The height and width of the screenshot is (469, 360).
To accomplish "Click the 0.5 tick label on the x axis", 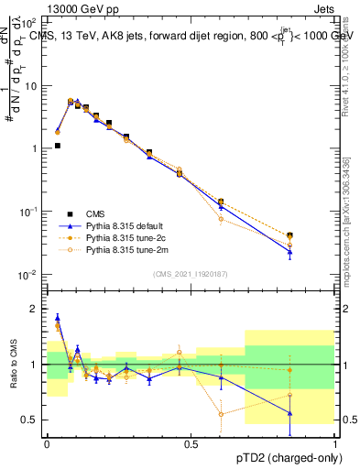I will pyautogui.click(x=191, y=443).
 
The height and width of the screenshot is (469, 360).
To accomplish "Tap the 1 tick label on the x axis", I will pyautogui.click(x=335, y=443).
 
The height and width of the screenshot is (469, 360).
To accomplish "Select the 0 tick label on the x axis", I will pyautogui.click(x=47, y=443).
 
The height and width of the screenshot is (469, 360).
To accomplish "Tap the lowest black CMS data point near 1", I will pyautogui.click(x=57, y=146).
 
